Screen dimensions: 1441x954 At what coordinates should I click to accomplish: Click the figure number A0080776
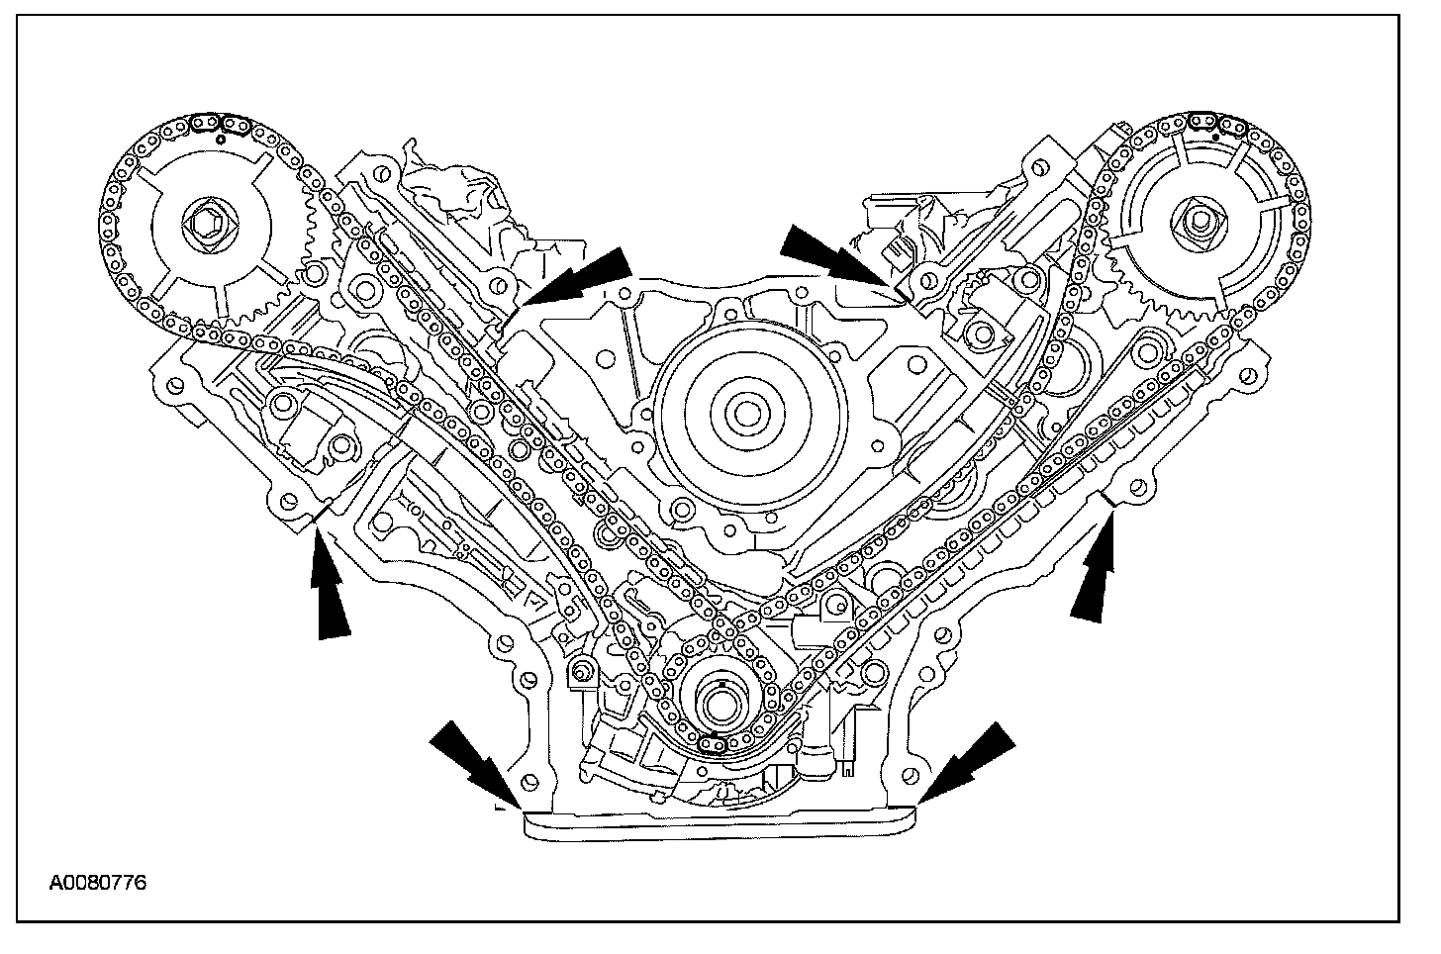98,883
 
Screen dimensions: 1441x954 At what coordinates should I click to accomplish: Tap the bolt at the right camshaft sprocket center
1197,221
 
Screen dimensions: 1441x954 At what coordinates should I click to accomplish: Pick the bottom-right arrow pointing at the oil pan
967,763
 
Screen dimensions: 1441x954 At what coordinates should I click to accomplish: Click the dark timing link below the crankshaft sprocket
712,745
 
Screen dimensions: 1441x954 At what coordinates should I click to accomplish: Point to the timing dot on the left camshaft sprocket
221,139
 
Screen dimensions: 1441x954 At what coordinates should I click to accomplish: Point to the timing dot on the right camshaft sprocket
1215,137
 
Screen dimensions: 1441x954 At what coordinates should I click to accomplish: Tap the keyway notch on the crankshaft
721,683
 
